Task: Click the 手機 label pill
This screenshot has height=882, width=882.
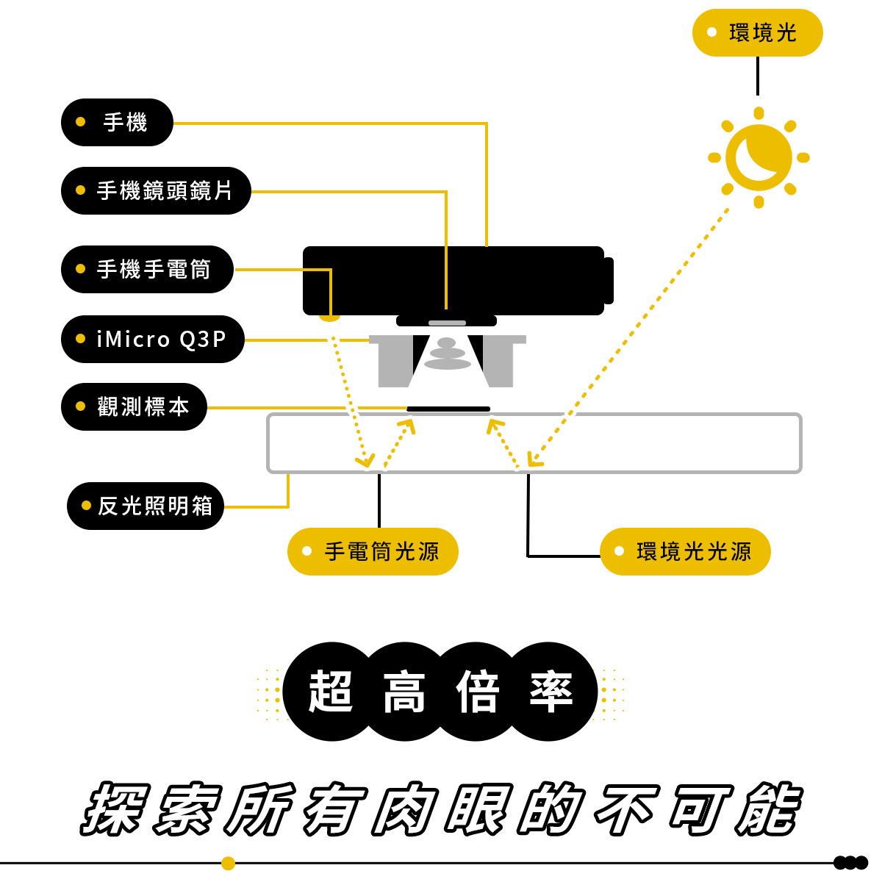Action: [117, 122]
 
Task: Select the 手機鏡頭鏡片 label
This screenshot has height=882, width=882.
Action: [156, 190]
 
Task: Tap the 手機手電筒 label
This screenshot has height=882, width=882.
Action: [147, 269]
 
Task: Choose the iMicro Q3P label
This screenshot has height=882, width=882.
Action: [153, 339]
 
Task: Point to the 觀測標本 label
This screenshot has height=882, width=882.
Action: [134, 406]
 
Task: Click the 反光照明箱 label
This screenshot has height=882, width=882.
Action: [146, 506]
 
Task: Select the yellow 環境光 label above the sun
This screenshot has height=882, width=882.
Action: [757, 32]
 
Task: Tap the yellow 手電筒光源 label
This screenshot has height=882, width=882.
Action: [373, 551]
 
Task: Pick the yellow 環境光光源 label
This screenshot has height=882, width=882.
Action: [685, 551]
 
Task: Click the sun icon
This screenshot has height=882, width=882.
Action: [759, 157]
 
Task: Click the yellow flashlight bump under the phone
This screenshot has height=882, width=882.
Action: [329, 318]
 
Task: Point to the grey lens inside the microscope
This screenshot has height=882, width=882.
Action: [447, 354]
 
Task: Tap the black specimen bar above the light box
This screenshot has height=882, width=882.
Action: [448, 409]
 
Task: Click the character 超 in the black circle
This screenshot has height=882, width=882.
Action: [331, 692]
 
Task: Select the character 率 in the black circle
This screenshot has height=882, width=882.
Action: [551, 692]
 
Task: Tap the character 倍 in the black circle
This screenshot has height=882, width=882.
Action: [478, 692]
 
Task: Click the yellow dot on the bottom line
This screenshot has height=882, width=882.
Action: [228, 863]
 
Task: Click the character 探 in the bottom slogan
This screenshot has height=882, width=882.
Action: [116, 808]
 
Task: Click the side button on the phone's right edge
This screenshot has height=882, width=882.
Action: [609, 280]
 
